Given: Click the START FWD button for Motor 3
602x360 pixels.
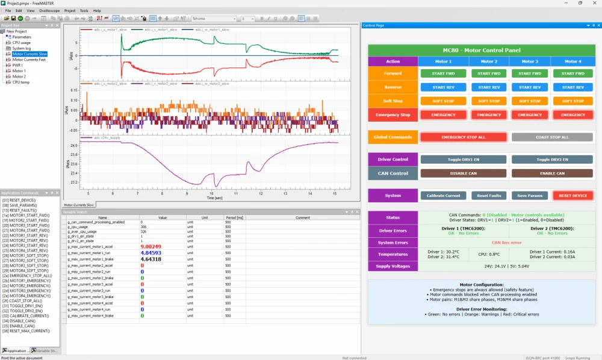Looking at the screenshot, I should coord(530,73).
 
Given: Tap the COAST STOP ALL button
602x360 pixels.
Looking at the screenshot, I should coord(552,137).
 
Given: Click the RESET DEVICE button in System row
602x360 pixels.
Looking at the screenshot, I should coord(573,196).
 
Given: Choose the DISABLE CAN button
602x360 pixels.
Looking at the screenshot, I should coord(463,173).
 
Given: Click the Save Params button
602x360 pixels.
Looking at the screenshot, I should coord(530,196).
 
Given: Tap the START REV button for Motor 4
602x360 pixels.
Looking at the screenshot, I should coord(573,87).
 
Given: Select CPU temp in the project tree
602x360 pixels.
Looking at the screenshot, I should coord(21,82).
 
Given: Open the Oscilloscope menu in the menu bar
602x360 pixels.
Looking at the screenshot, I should coord(49,11).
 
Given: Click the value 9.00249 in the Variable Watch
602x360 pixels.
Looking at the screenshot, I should coord(150,247).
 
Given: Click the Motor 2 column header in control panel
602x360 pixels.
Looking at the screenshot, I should coord(488,61).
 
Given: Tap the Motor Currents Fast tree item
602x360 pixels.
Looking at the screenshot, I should coord(30,60).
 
